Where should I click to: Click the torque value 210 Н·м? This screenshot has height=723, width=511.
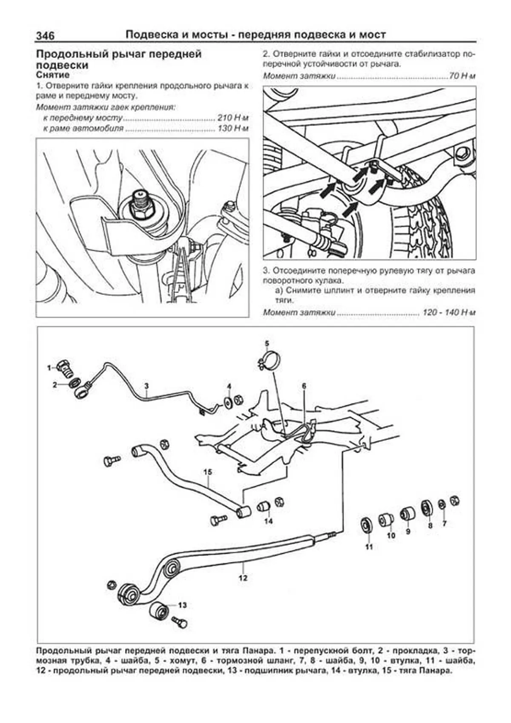click(232, 118)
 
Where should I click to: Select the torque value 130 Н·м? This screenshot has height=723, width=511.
click(232, 128)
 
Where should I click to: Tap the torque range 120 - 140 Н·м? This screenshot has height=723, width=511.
click(448, 312)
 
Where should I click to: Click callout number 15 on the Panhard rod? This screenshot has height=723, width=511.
click(207, 472)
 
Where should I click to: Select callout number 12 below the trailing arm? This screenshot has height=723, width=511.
click(243, 578)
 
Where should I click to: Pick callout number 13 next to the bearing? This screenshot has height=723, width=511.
click(182, 605)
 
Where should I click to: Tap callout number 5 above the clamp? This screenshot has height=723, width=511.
click(267, 343)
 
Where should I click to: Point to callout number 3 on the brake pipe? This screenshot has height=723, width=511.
click(146, 386)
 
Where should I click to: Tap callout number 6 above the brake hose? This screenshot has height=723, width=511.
click(304, 386)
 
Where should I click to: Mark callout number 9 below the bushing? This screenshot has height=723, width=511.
click(408, 531)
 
